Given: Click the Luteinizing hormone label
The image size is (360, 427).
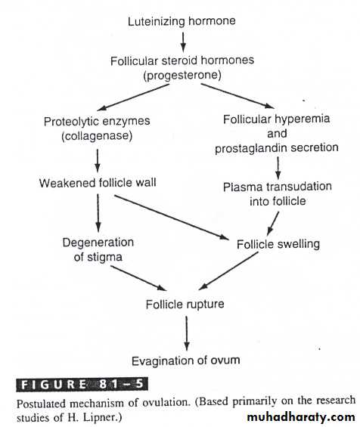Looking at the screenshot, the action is (182, 21).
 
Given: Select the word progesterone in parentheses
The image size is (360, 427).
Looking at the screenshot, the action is (182, 75).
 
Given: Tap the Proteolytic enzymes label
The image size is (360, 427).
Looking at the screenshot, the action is (97, 122).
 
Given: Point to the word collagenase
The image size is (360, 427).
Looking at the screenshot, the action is (97, 136).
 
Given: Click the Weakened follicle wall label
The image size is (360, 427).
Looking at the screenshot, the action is (98, 183).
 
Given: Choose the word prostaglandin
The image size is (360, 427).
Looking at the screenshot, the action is (248, 148).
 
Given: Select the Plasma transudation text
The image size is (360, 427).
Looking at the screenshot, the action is (278, 187).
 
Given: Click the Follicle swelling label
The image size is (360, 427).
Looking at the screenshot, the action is (278, 244).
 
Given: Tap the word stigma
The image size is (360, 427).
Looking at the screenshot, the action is (105, 258).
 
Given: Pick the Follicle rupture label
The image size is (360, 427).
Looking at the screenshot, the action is (185, 304).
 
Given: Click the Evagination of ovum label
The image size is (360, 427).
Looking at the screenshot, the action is (186, 360).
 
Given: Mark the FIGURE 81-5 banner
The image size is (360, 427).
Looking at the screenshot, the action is (82, 384).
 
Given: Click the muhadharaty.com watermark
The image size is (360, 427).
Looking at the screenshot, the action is (301, 417).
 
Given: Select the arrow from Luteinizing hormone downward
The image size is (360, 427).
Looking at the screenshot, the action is (183, 42).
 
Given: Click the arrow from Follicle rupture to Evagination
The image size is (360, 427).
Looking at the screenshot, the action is (186, 333).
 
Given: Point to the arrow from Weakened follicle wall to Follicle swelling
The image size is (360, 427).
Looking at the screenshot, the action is (171, 218).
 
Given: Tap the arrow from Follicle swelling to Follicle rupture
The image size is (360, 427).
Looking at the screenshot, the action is (228, 271).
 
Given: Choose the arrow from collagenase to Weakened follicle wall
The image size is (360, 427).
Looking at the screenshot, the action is (98, 161).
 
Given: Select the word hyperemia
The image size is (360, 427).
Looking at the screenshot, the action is (302, 119).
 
